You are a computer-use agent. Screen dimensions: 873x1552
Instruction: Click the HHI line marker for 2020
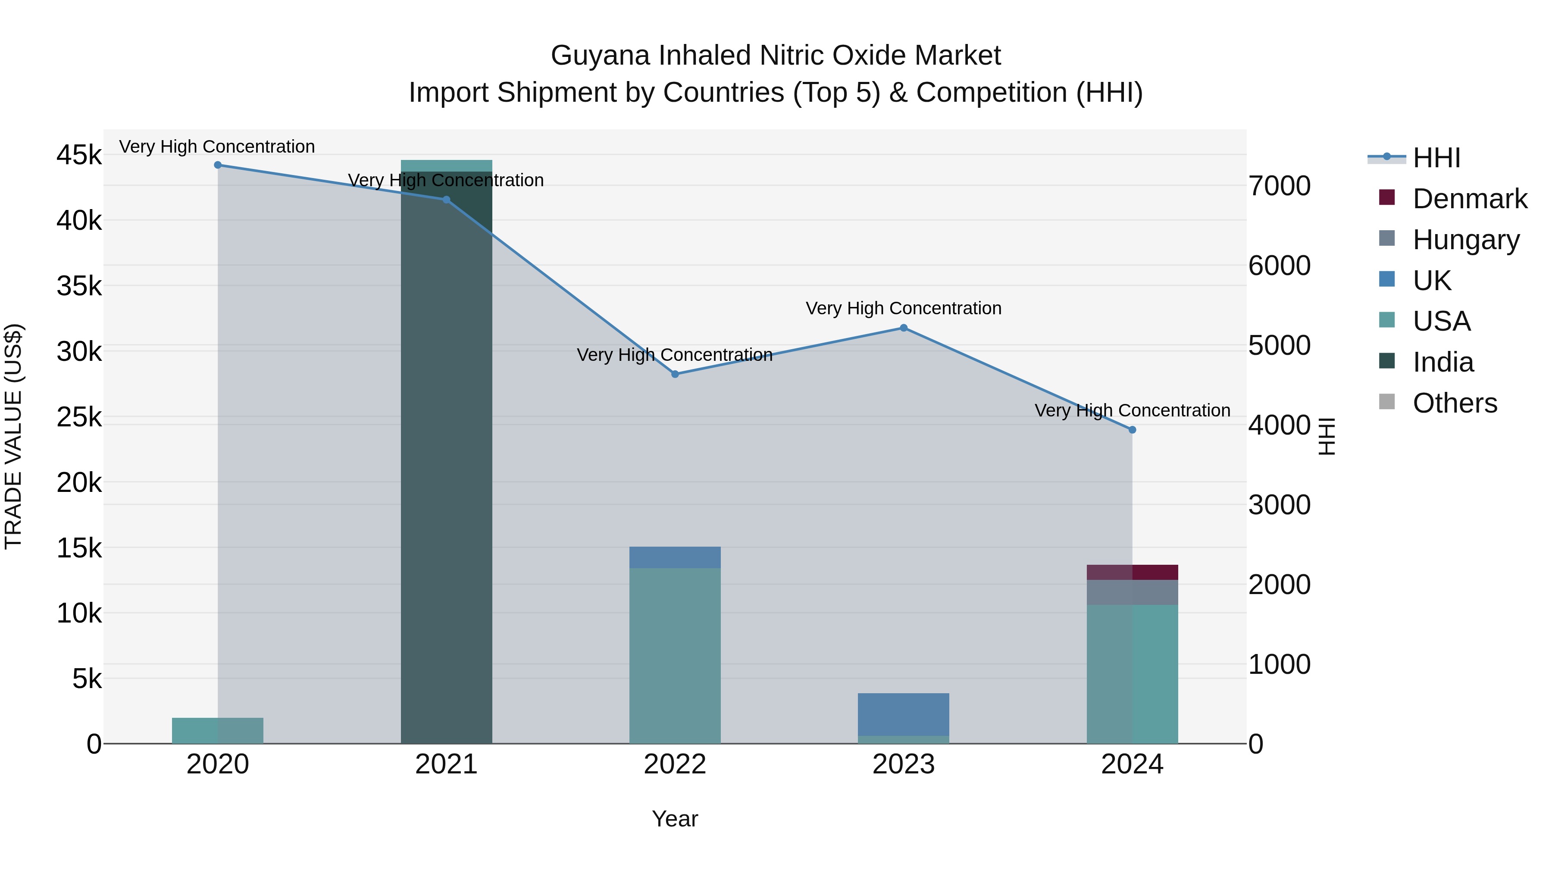point(218,165)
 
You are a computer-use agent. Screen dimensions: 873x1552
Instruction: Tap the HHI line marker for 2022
point(675,374)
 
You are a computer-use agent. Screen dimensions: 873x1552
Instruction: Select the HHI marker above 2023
point(903,328)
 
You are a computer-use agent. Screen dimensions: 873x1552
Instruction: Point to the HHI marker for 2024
point(1132,429)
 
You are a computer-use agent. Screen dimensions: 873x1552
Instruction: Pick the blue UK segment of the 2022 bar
point(675,557)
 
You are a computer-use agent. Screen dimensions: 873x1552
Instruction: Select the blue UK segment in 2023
point(903,714)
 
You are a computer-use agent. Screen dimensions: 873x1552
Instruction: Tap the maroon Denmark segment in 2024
point(1132,573)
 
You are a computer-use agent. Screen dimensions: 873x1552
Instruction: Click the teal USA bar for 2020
point(218,730)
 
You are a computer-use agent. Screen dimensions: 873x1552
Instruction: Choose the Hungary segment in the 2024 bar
point(1132,592)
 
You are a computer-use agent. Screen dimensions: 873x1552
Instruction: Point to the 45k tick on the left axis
point(79,156)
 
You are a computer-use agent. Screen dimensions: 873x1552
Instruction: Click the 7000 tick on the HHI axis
point(1279,186)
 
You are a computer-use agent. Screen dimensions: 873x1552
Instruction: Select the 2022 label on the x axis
point(675,764)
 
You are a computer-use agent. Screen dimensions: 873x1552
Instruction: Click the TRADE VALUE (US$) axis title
point(14,436)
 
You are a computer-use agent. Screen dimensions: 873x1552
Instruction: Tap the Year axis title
point(675,819)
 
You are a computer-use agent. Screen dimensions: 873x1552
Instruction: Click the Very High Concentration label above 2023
point(903,309)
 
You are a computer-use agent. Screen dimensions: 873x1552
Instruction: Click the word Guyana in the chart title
point(600,56)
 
